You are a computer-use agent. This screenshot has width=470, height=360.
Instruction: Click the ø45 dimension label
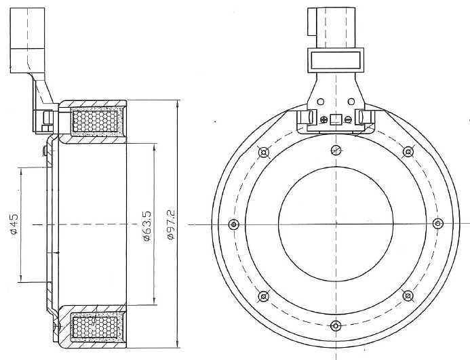(x=14, y=224)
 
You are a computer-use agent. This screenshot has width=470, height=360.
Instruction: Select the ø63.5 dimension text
(x=147, y=226)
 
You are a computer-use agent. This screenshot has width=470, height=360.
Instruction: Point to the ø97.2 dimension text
(x=171, y=225)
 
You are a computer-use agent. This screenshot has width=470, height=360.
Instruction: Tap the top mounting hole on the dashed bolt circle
(x=336, y=150)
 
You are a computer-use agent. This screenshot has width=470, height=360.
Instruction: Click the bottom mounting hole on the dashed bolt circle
(x=336, y=325)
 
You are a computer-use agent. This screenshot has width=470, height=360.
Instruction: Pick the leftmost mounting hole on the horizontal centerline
(x=234, y=224)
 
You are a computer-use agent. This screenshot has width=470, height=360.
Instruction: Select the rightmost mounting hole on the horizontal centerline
(x=438, y=223)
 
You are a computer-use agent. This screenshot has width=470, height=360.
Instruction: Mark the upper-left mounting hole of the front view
(x=263, y=153)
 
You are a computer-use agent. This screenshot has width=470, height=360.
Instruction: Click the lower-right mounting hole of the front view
(x=408, y=296)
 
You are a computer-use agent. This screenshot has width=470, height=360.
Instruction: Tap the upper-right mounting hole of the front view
(x=408, y=152)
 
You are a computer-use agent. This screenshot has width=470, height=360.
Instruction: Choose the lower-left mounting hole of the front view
(x=263, y=296)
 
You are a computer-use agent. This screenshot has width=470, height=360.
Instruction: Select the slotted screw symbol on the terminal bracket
(x=348, y=119)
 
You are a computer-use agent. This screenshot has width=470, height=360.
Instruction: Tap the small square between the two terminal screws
(x=336, y=119)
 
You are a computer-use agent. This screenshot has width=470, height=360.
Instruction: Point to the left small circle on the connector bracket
(x=321, y=102)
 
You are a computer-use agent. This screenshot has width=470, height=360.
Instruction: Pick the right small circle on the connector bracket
(x=351, y=102)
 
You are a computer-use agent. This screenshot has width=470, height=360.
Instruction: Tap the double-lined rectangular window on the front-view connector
(x=336, y=60)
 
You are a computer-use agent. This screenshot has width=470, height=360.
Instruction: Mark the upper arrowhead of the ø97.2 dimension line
(x=178, y=104)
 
